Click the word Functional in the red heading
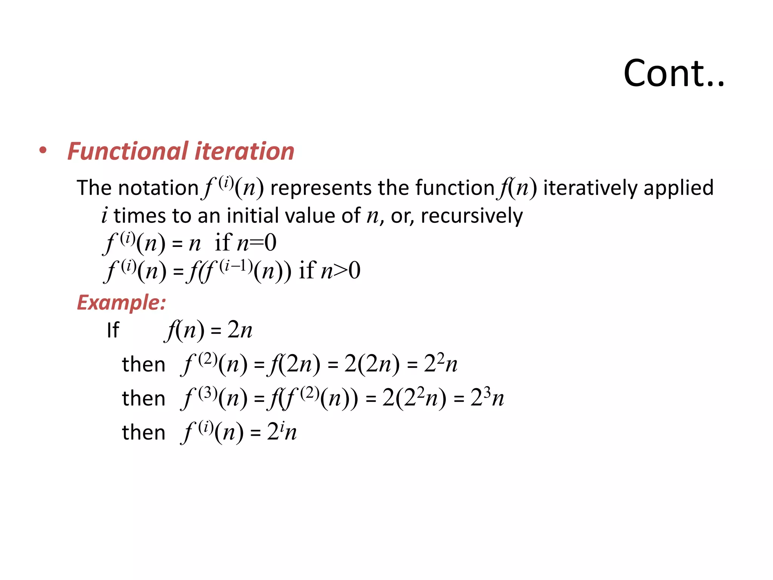point(128,151)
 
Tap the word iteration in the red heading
point(244,151)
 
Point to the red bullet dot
point(43,150)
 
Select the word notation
point(158,188)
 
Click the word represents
point(321,188)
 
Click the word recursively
point(472,216)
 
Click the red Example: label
point(121,302)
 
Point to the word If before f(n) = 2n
point(113,330)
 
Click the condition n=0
point(257,243)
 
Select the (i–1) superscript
point(236,266)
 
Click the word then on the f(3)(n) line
point(144,398)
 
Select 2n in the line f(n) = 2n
point(240,330)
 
